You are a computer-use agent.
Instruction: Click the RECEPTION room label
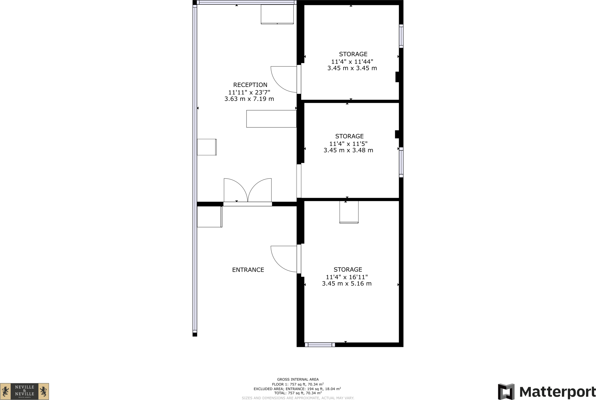(x=250, y=85)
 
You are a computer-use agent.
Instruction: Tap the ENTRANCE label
(x=248, y=270)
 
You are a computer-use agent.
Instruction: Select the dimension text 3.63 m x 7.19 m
(x=249, y=99)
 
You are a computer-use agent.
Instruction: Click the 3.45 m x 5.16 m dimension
(x=347, y=284)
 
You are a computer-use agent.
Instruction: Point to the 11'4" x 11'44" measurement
(x=352, y=62)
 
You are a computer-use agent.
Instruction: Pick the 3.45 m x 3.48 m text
(x=348, y=150)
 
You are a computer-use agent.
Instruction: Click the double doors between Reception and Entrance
(x=248, y=191)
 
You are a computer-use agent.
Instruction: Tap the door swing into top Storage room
(x=283, y=79)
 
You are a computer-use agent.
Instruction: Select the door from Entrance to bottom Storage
(x=283, y=259)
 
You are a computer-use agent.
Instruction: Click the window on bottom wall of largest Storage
(x=320, y=345)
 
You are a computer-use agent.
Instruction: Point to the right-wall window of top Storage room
(x=401, y=36)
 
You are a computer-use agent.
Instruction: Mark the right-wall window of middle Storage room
(x=401, y=162)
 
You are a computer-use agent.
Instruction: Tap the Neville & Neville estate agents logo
(x=24, y=391)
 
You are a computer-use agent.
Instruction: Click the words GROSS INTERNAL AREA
(x=298, y=379)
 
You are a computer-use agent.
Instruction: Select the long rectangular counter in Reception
(x=271, y=119)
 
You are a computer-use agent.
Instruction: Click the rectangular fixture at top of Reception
(x=277, y=14)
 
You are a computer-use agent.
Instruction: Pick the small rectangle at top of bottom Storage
(x=349, y=212)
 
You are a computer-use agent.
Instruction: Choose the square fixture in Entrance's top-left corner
(x=210, y=217)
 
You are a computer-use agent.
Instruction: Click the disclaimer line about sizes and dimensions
(x=298, y=398)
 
